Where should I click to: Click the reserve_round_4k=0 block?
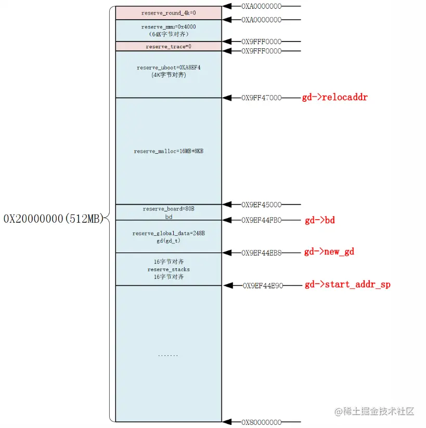(168, 12)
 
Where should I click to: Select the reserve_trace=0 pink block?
(168, 47)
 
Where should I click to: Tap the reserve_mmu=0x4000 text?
(168, 26)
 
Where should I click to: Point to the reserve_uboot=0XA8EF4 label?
(168, 68)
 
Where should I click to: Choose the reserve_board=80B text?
(168, 209)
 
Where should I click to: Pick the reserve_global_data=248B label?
(168, 233)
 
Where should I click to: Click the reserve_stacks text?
(168, 270)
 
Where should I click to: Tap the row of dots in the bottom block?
(168, 355)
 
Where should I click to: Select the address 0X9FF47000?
(261, 98)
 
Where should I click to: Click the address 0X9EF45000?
(261, 205)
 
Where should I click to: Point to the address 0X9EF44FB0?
(261, 220)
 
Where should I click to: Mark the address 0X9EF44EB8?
(261, 252)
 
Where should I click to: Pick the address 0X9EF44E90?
(263, 285)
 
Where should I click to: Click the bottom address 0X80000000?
(261, 422)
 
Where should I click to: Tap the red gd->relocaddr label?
(334, 97)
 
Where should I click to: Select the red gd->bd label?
(319, 220)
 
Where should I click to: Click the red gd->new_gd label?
(329, 252)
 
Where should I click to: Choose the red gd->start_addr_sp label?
(347, 285)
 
